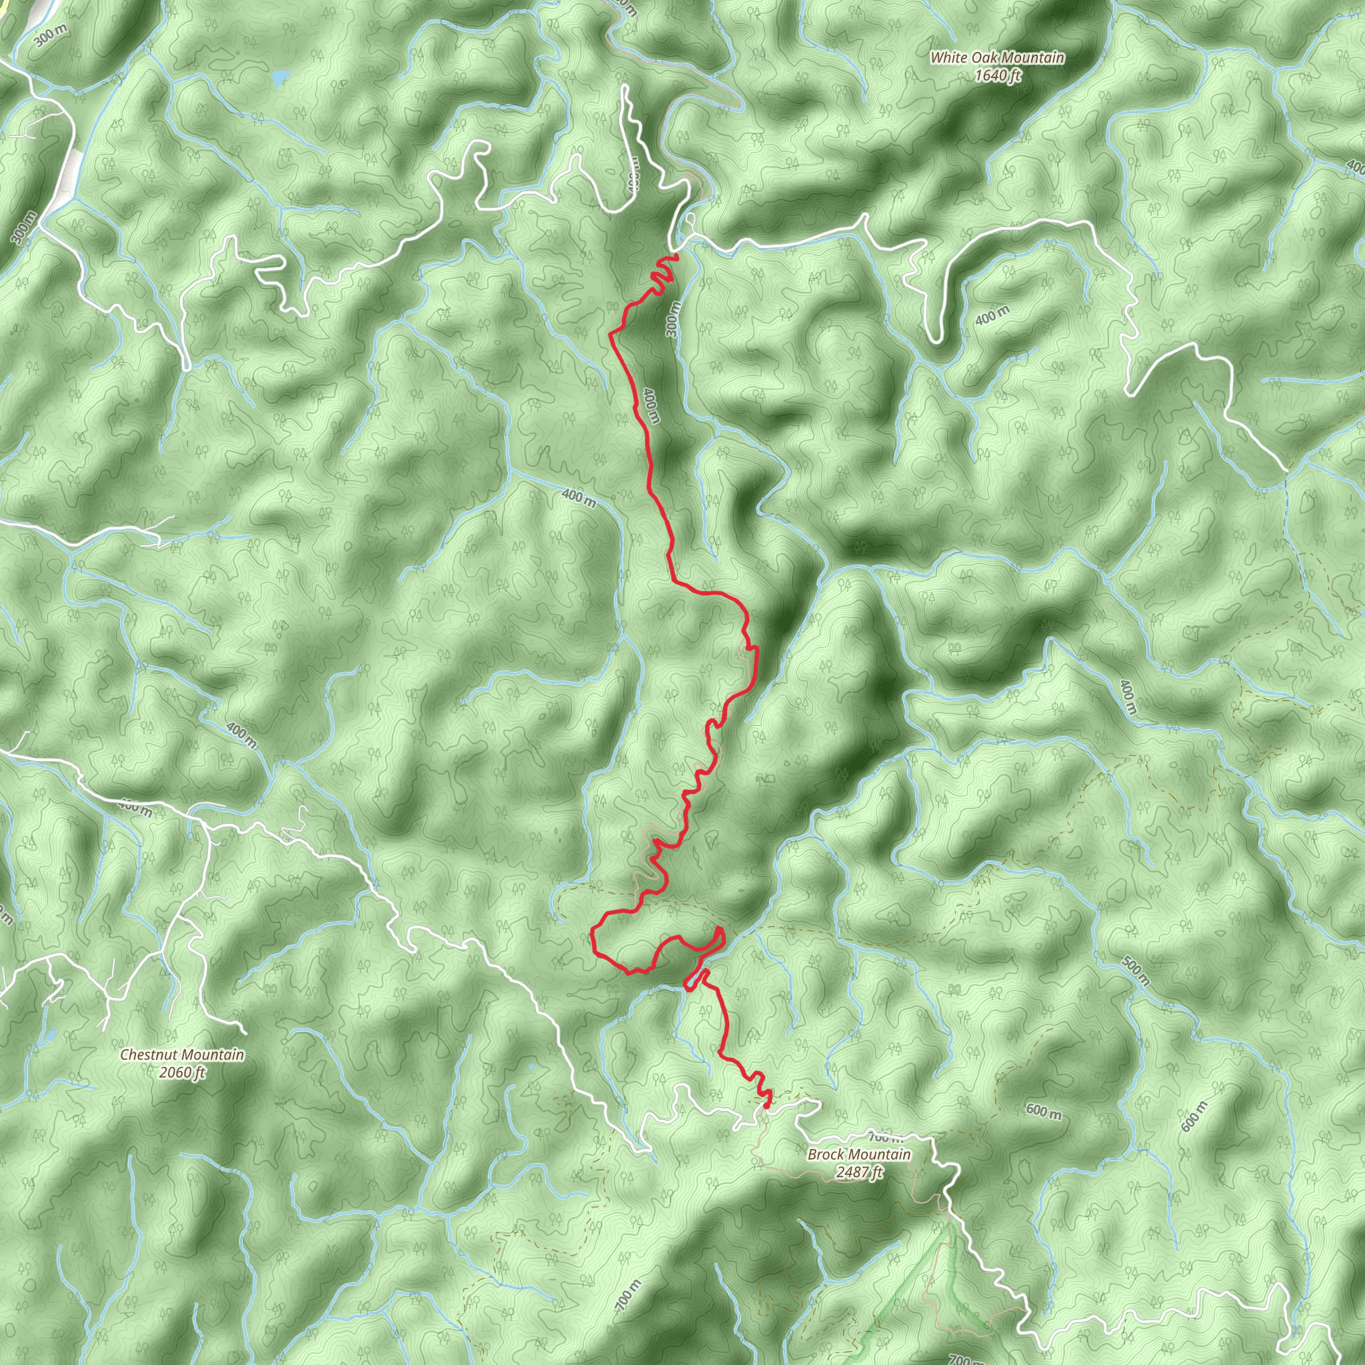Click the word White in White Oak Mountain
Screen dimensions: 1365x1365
tap(948, 58)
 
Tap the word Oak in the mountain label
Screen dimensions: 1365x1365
tap(983, 58)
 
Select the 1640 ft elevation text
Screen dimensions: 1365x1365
tap(998, 75)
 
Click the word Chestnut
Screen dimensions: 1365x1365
tap(145, 1055)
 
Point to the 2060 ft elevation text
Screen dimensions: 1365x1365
tap(182, 1072)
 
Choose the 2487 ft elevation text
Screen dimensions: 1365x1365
tap(859, 1172)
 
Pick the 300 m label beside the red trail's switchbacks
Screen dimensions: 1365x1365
tap(673, 318)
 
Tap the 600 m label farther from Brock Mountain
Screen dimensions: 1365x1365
tap(1194, 1116)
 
